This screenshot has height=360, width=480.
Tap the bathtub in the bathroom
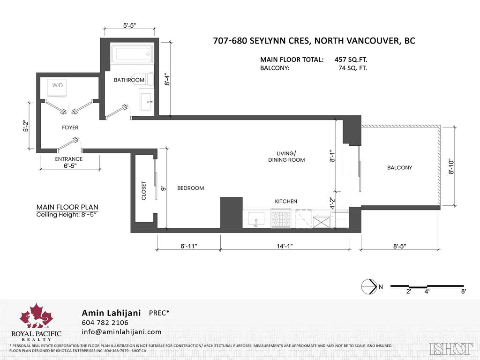tap(132, 54)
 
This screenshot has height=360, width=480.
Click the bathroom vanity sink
tap(146, 101)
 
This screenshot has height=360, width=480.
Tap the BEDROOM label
tap(190, 188)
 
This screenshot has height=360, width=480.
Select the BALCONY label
tap(399, 167)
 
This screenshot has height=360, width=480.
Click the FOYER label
tap(70, 127)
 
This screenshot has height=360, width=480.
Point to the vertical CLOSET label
tap(144, 190)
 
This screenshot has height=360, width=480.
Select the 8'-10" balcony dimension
tap(451, 166)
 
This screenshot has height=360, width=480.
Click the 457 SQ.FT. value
tap(351, 60)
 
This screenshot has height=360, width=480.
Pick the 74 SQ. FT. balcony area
tap(352, 68)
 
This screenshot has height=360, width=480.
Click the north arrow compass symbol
tap(369, 285)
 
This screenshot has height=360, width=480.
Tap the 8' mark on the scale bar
tap(463, 291)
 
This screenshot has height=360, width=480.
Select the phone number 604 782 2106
tap(105, 322)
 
